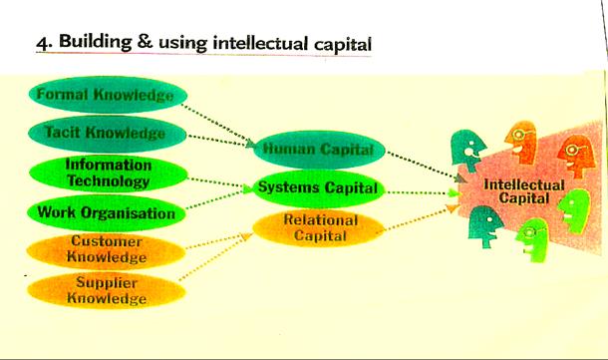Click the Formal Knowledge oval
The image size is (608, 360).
click(104, 97)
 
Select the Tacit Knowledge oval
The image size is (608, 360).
click(104, 132)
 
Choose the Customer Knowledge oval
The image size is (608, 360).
click(107, 249)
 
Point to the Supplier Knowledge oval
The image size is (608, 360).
click(107, 290)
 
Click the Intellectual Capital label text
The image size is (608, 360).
click(523, 192)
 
